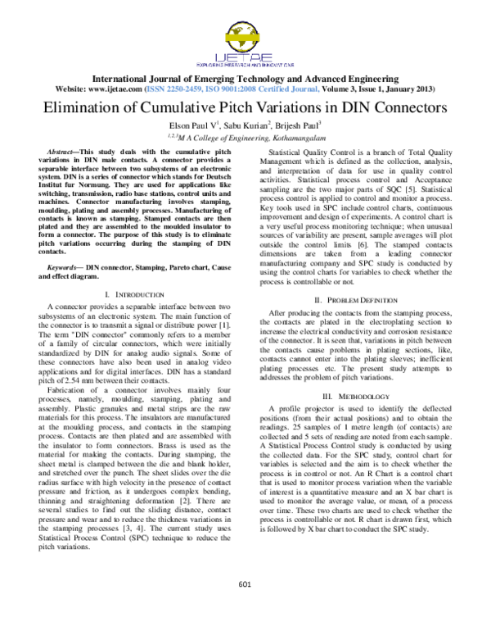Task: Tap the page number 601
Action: [x=244, y=583]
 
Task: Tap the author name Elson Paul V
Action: [x=196, y=126]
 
